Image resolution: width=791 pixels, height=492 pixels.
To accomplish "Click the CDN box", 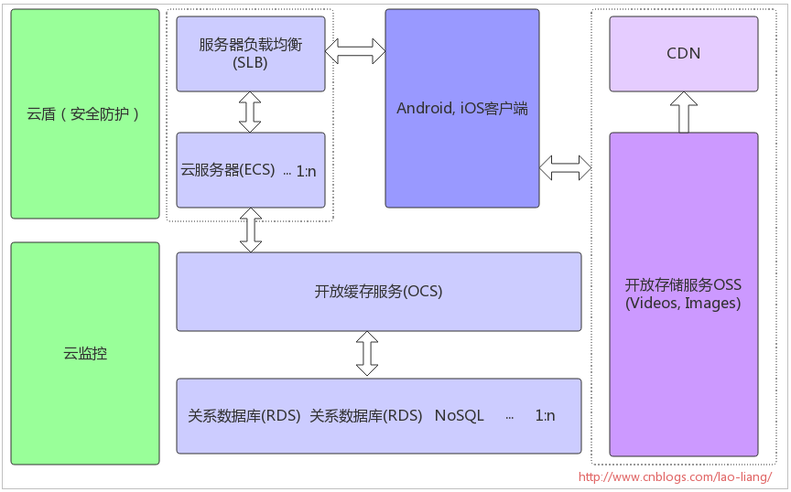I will click(x=683, y=53).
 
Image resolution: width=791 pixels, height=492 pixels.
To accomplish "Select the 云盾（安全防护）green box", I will click(x=85, y=114).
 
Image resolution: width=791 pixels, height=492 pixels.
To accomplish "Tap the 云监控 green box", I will click(x=85, y=353).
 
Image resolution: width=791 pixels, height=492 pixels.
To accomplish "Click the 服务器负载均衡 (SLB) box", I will click(x=251, y=53).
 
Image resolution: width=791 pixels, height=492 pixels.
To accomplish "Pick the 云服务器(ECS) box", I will click(x=251, y=170).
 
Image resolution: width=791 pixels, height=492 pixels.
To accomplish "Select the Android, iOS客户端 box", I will click(x=461, y=108).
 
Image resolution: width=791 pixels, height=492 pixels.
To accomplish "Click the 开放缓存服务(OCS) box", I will click(x=378, y=292).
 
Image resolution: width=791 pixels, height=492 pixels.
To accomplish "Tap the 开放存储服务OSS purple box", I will click(x=683, y=294).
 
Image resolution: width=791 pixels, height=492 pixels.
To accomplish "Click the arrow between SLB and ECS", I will click(x=250, y=112).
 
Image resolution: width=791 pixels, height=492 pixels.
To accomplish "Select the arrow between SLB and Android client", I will click(x=355, y=50).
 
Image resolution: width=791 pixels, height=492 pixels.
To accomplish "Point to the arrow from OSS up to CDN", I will click(x=683, y=112).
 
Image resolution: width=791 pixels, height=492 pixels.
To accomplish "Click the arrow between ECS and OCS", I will click(x=250, y=230).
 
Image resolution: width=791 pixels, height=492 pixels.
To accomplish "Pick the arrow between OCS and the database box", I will click(x=367, y=354).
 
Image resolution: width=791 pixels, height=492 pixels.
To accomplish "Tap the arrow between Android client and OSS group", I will click(x=566, y=167).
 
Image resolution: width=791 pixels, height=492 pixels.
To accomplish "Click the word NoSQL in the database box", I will click(x=460, y=415).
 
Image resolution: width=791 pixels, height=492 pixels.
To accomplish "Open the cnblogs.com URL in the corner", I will click(x=676, y=476).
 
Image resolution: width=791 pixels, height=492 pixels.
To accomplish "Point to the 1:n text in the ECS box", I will click(x=306, y=171).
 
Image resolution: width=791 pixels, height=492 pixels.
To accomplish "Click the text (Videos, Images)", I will click(x=683, y=304).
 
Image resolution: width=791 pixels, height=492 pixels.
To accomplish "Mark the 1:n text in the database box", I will click(x=545, y=415).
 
